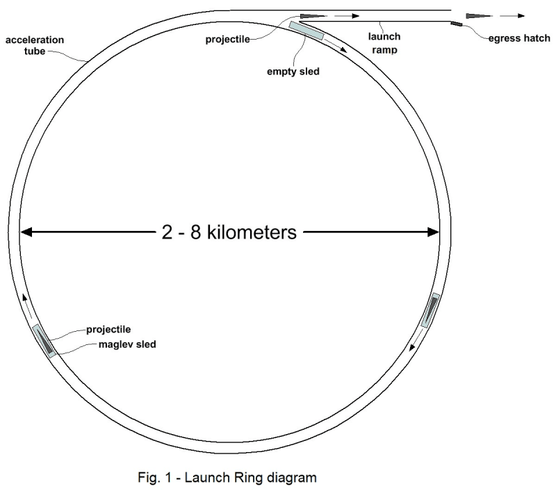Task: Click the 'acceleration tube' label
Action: click(x=35, y=45)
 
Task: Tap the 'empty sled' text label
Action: click(x=293, y=70)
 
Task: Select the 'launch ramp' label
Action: click(x=384, y=42)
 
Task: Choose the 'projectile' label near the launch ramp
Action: click(x=229, y=38)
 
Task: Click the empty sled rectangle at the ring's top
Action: click(x=306, y=30)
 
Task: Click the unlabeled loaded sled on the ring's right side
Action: click(x=431, y=310)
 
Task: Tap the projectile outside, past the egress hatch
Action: click(x=477, y=15)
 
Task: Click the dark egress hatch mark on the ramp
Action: click(x=456, y=25)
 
